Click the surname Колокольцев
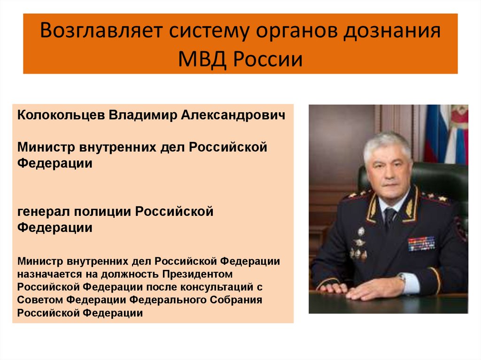tap(62, 115)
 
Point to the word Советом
tap(41, 299)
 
